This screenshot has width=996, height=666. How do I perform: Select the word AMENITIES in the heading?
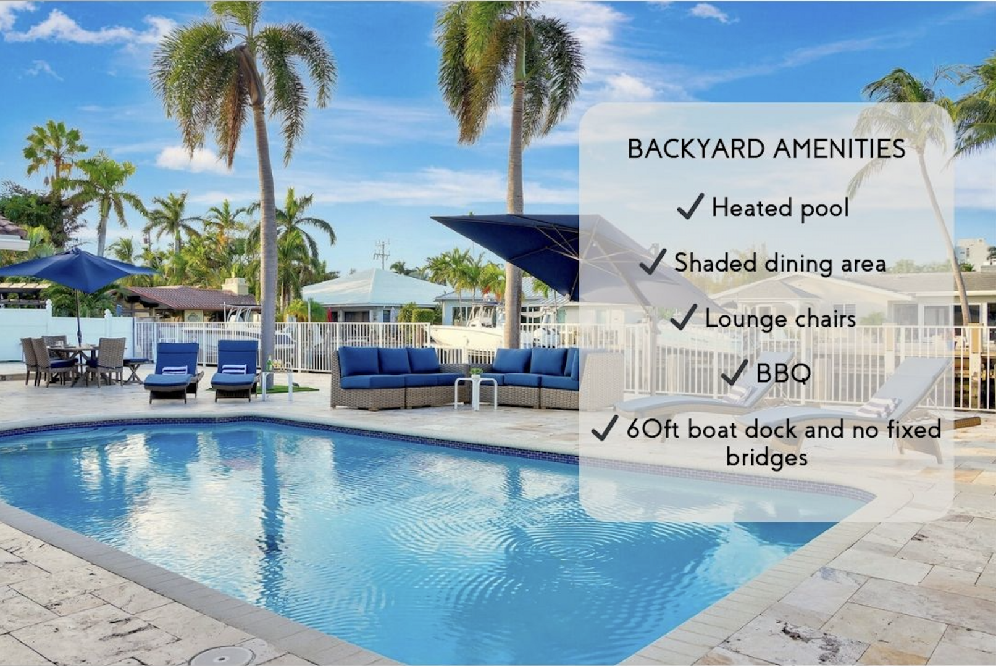(840, 149)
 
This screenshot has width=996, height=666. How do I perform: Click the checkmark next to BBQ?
(735, 372)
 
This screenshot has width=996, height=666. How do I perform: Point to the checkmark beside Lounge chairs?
(684, 317)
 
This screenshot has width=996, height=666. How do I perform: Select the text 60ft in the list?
(653, 429)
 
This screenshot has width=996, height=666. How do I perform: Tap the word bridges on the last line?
(766, 458)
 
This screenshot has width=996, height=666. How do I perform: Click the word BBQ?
(783, 373)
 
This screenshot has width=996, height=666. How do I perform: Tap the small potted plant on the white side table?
(476, 372)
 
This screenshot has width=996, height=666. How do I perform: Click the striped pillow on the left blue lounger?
(175, 370)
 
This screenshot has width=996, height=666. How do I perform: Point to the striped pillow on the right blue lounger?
(233, 369)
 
